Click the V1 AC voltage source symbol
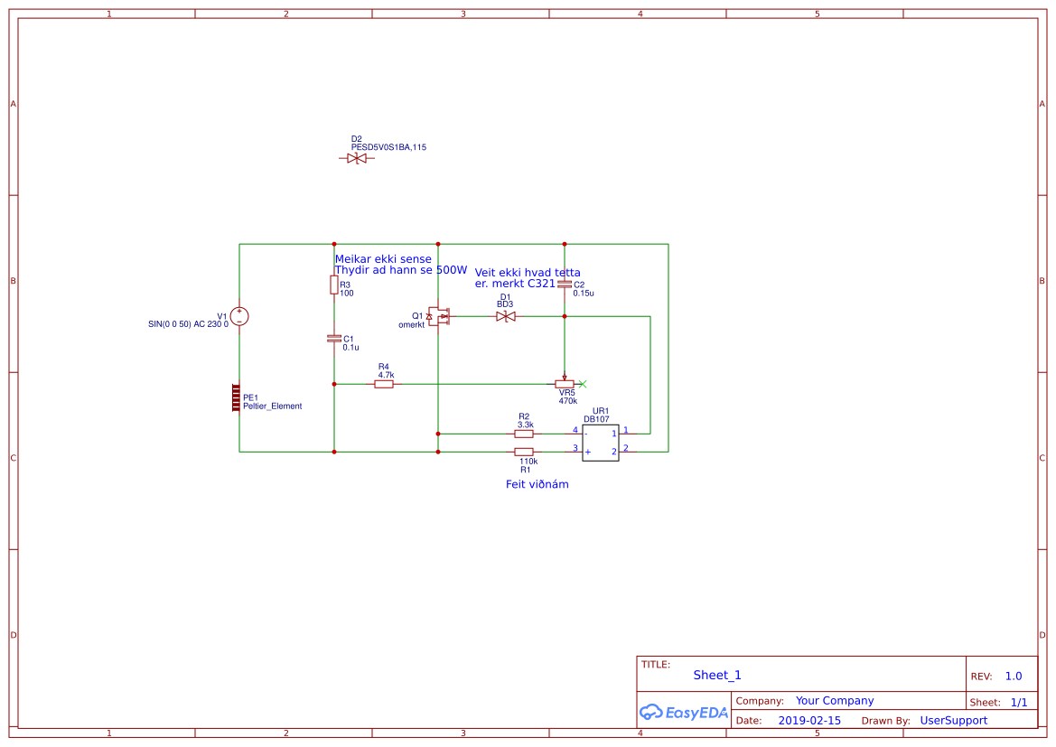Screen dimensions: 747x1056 click(239, 316)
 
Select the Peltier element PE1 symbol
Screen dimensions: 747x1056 click(236, 397)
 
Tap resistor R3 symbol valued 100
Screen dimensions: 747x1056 click(334, 285)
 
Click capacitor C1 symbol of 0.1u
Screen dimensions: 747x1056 click(334, 338)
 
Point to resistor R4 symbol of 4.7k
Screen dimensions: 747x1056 click(384, 384)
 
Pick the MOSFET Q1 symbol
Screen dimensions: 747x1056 click(439, 316)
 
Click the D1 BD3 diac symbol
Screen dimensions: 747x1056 click(506, 316)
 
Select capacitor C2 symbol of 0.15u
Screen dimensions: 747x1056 click(565, 285)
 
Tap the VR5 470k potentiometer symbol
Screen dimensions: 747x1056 click(565, 384)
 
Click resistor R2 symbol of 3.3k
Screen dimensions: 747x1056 click(524, 434)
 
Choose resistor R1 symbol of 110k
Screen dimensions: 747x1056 click(524, 452)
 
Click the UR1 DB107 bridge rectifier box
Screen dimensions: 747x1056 click(601, 443)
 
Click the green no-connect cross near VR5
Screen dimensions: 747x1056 click(583, 384)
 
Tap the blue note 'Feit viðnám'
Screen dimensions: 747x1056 click(537, 484)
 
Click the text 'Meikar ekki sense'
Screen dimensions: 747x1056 click(383, 258)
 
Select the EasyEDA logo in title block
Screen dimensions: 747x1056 click(684, 712)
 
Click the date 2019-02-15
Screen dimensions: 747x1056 click(809, 721)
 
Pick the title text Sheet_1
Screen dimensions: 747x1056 click(717, 675)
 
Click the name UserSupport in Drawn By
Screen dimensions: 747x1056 click(953, 721)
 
